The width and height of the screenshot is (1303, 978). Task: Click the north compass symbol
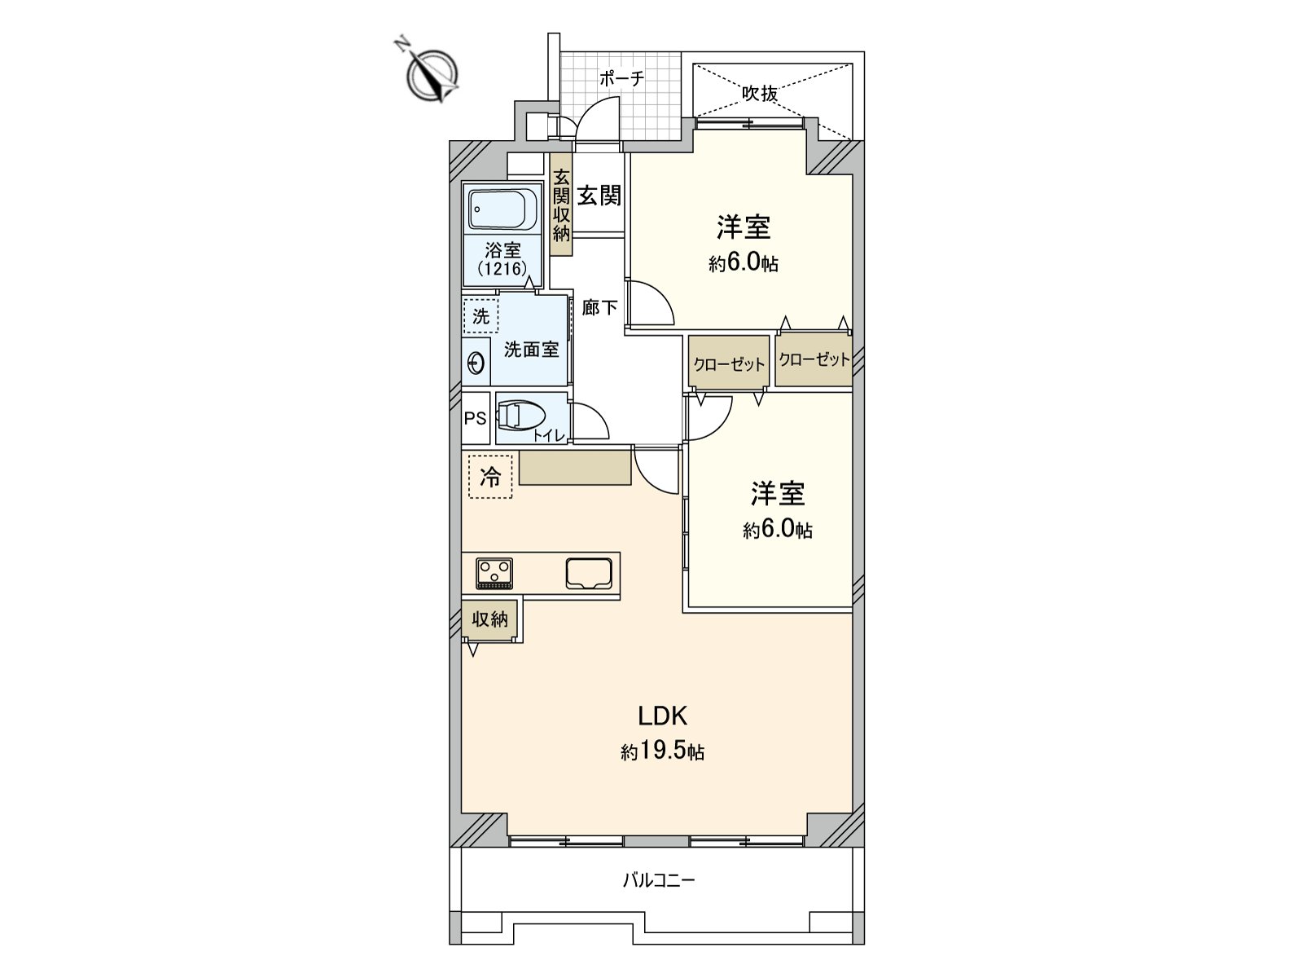tap(432, 75)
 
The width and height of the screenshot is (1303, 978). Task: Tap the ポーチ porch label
tap(621, 79)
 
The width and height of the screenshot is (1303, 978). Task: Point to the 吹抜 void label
tap(759, 94)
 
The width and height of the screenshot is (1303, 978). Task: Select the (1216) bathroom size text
tap(502, 268)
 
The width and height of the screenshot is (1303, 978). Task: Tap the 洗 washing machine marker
tap(481, 315)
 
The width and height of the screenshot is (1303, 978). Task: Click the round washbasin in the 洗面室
tap(476, 363)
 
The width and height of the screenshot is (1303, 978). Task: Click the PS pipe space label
tap(475, 419)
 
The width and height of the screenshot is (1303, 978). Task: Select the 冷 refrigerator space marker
tap(490, 476)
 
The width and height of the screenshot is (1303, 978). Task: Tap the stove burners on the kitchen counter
tap(494, 573)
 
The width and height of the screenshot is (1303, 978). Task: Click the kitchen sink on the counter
tap(589, 573)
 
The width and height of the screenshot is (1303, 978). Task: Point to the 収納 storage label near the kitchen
tap(490, 619)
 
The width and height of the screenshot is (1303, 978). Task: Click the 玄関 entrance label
tap(599, 196)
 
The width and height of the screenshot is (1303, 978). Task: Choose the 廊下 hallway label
tap(599, 308)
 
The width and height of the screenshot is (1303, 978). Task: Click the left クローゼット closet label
tap(729, 363)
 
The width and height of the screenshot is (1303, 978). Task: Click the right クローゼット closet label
tap(814, 359)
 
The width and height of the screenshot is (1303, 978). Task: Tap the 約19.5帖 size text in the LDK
tap(663, 751)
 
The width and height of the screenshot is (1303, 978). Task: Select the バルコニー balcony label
tap(659, 880)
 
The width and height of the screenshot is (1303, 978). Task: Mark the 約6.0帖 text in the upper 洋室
tap(743, 262)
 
